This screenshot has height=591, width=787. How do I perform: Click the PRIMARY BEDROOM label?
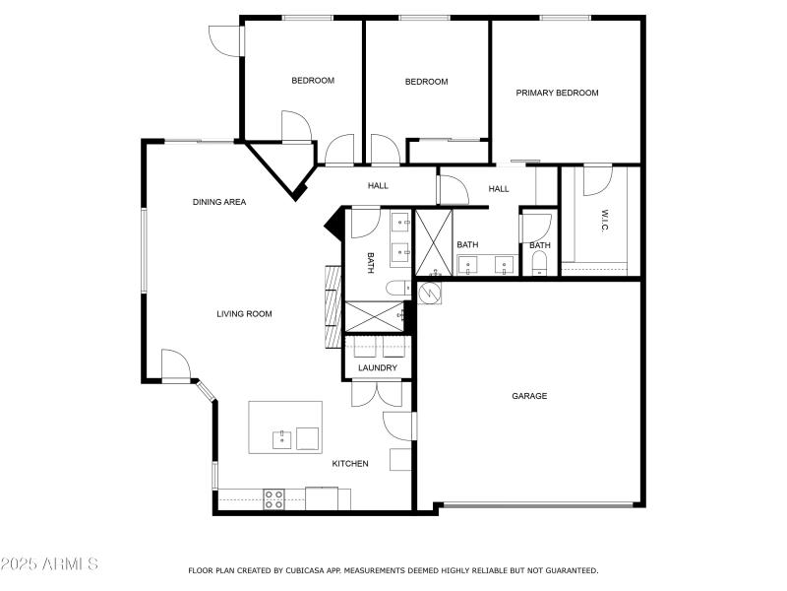557,93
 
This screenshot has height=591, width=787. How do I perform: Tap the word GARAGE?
529,396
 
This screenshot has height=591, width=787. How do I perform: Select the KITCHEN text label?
349,463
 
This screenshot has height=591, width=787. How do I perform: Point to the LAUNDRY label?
378,368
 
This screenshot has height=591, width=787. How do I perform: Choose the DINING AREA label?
218,202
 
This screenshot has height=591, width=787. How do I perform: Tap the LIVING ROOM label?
244,314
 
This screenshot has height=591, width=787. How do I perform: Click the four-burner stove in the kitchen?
274,499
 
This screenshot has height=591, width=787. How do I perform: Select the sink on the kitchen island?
281,437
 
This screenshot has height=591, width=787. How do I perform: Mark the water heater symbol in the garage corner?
428,293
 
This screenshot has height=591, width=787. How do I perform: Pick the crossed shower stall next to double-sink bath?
432,242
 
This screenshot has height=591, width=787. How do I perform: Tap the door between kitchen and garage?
399,426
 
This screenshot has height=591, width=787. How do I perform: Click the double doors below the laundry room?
377,391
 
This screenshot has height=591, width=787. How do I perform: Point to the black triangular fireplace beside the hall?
333,226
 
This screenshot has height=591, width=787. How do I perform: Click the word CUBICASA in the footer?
308,570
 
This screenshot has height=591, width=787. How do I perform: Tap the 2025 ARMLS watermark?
49,564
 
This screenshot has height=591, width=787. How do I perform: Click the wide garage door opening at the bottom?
537,505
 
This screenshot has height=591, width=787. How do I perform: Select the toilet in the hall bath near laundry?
394,288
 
